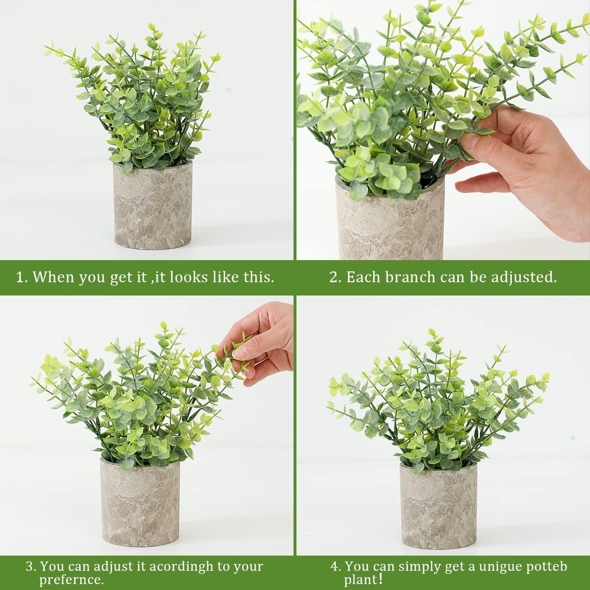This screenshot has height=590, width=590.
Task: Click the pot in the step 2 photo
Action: (390, 221)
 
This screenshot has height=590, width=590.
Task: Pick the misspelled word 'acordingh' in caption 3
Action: (181, 566)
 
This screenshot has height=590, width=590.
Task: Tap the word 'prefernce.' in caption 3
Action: (72, 580)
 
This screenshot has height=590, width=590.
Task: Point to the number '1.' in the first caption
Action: (22, 277)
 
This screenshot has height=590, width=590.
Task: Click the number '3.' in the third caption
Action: (31, 566)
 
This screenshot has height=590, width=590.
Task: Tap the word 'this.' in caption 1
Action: (259, 277)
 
